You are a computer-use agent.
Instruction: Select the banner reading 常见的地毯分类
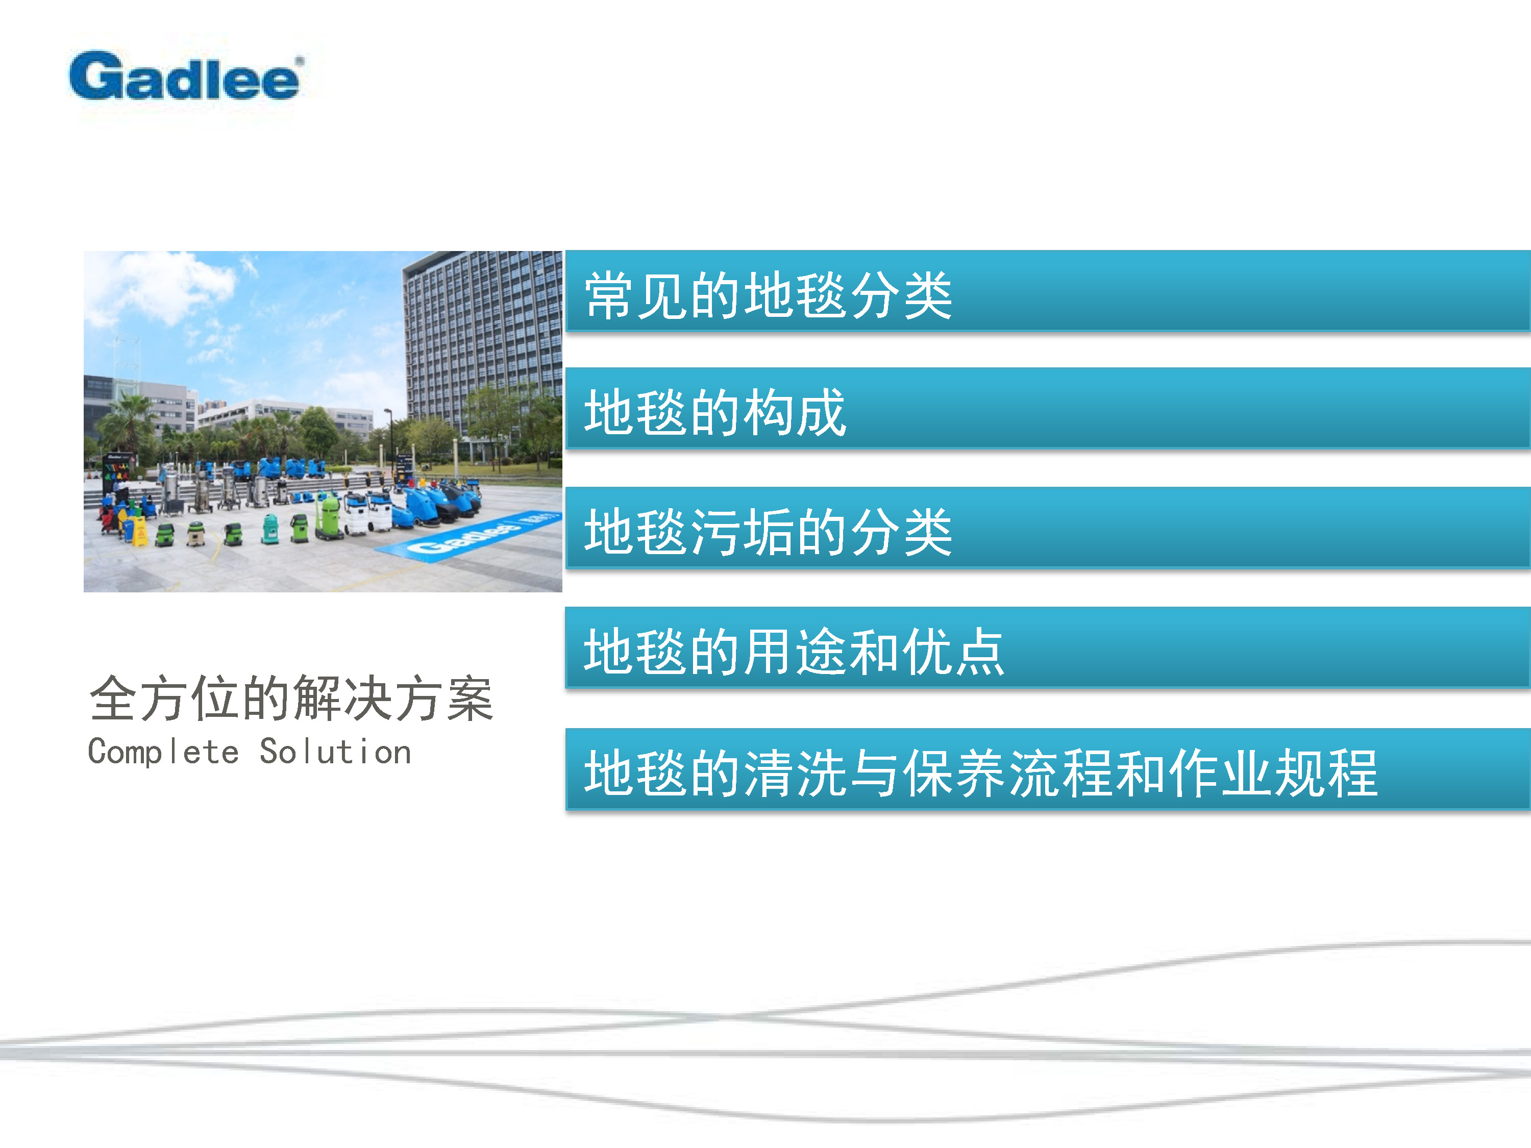[1048, 291]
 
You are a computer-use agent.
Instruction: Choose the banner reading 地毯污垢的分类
[1048, 528]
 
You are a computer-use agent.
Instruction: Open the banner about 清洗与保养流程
[1048, 769]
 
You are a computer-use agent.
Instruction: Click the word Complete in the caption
[163, 752]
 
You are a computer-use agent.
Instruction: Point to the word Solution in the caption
[336, 752]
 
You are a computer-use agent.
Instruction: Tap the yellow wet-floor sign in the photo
[140, 532]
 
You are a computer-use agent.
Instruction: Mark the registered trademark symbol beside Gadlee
[300, 61]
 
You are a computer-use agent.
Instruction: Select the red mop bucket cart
[109, 518]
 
